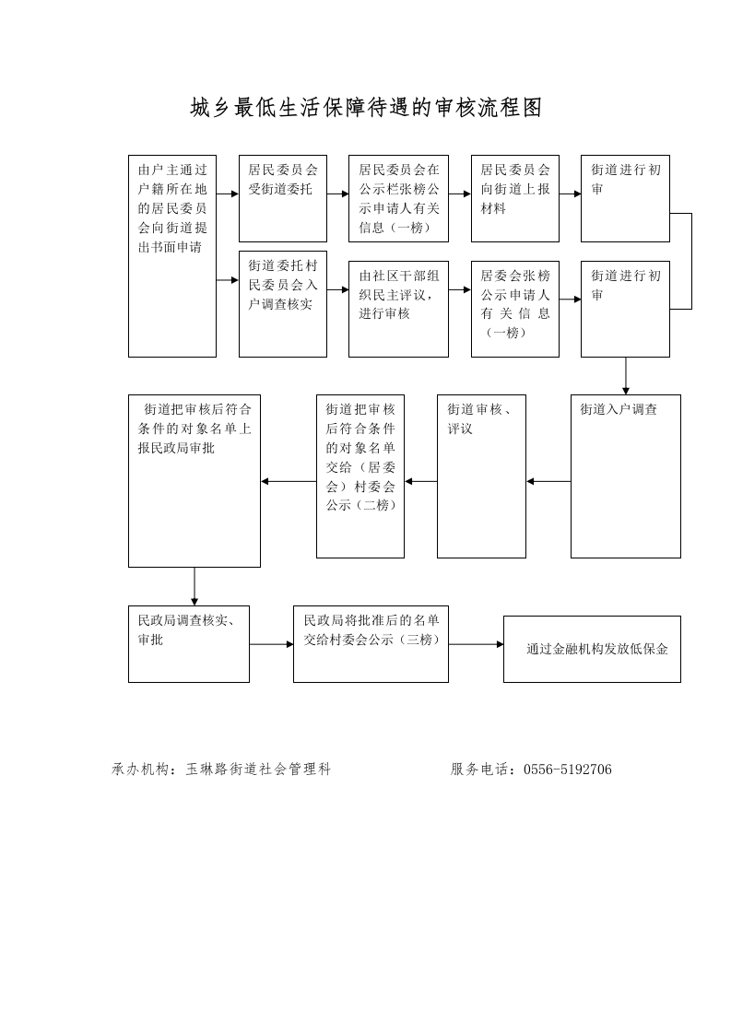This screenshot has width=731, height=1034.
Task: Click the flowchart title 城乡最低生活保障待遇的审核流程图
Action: point(366,108)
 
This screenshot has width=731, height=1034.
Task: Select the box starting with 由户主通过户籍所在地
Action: point(172,256)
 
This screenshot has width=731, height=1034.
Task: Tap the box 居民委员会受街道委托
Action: point(282,198)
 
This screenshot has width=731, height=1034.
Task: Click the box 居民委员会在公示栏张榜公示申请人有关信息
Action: point(398,198)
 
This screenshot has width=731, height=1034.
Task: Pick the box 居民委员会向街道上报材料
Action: point(515,198)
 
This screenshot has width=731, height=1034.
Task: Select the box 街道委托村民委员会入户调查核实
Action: point(282,304)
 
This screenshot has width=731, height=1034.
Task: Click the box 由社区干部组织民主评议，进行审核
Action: point(398,310)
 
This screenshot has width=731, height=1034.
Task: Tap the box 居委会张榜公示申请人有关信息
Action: point(515,310)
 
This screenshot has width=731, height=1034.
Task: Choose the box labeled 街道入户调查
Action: point(625,476)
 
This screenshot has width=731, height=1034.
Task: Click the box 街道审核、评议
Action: point(481,476)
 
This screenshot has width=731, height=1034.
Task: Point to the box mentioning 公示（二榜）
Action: point(360,476)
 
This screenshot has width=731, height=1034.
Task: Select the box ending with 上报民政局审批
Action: point(194,481)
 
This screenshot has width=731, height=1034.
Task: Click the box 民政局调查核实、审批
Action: point(189,643)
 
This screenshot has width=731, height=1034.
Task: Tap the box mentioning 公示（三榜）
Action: point(371,643)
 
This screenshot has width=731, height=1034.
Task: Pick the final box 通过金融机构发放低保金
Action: point(592,649)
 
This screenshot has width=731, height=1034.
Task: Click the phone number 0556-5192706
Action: point(568,769)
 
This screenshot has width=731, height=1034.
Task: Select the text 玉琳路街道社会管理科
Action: point(258,769)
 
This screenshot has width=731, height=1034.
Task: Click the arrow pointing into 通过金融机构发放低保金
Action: point(476,644)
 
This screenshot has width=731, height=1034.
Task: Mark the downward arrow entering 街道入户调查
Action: point(625,376)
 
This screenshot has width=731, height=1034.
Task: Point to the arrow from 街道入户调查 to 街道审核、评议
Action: point(548,481)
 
